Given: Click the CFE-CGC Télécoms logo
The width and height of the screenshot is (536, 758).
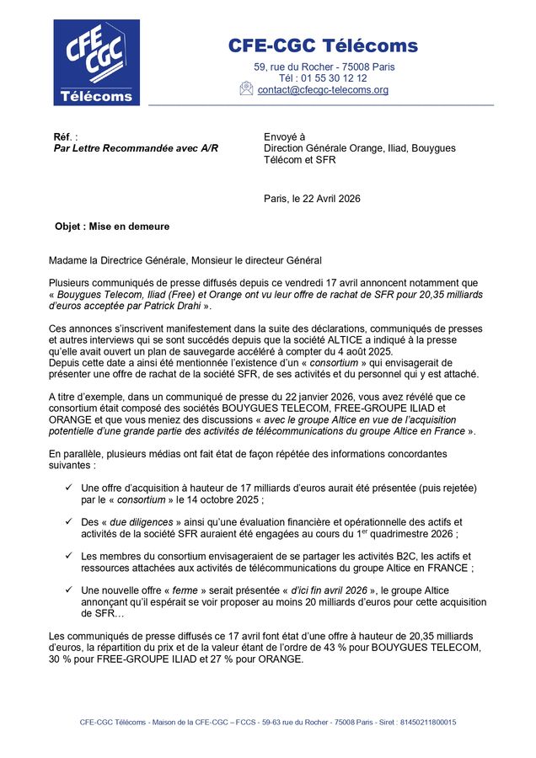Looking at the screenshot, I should (x=97, y=62).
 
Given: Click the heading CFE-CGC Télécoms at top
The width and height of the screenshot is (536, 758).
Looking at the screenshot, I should (x=323, y=45).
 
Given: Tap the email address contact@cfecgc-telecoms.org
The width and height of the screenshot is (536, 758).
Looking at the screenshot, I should (x=323, y=90).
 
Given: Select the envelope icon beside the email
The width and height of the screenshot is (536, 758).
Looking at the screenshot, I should (x=246, y=88).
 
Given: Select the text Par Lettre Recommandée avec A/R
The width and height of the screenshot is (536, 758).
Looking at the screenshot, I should (x=136, y=148).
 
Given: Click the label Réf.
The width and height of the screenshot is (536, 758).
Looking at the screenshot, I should (x=64, y=136).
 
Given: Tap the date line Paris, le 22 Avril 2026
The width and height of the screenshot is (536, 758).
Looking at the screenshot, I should (x=312, y=199).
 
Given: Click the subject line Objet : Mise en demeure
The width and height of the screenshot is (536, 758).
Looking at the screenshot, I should (x=112, y=227).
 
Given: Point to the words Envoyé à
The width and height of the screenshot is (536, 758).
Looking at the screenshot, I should (x=285, y=136).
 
